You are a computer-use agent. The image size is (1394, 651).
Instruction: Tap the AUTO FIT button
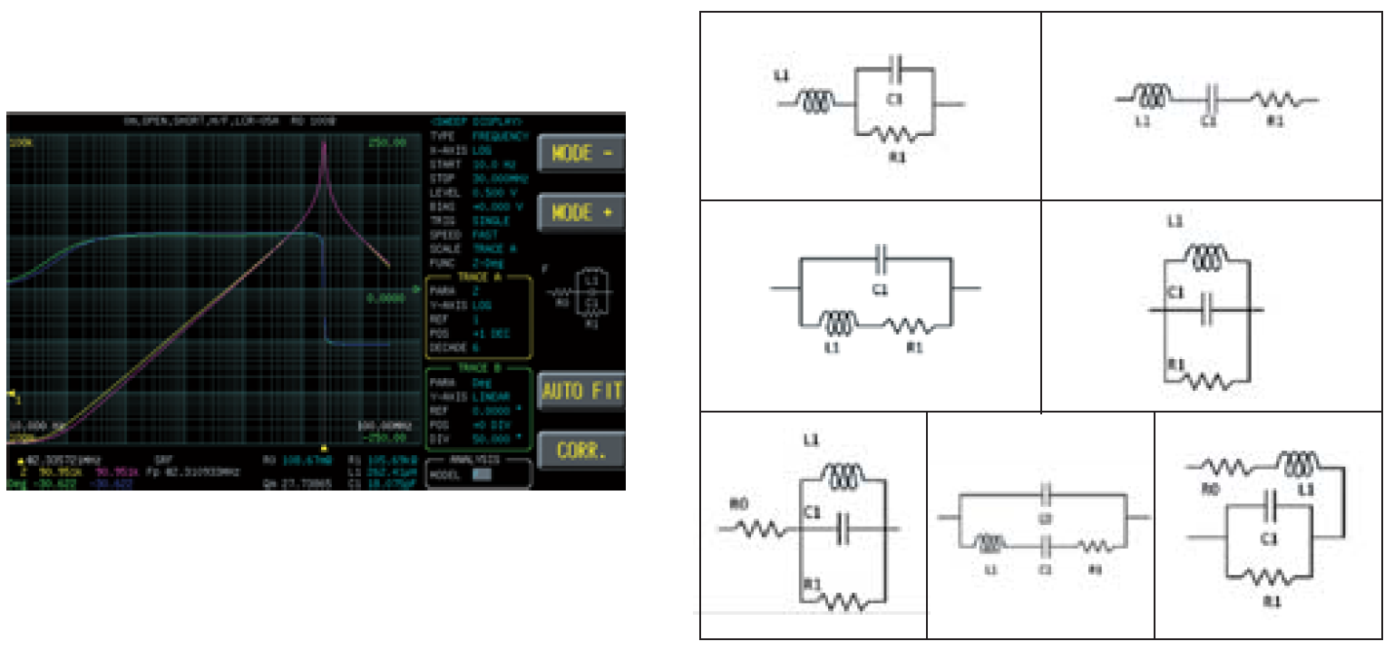point(580,392)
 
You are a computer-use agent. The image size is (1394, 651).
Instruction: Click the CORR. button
point(580,450)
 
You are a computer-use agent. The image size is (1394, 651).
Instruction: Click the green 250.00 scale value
point(387,142)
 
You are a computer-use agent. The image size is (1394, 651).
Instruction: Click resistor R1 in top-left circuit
point(892,135)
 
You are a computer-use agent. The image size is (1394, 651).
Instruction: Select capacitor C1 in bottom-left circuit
point(843,527)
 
